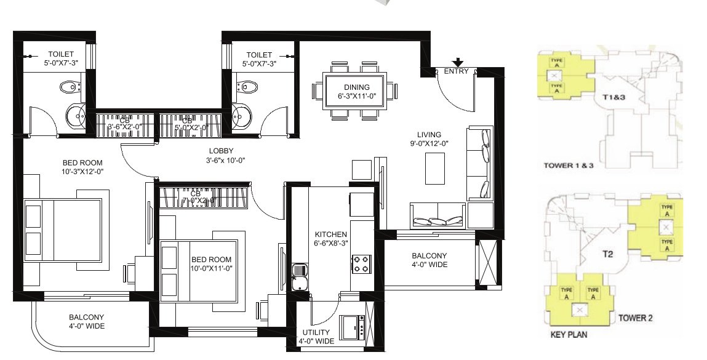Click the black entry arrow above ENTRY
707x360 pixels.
[457, 62]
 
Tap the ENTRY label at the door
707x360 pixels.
[457, 71]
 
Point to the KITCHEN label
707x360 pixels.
[331, 234]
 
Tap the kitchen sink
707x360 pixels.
[300, 276]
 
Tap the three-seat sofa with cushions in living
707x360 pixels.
[437, 218]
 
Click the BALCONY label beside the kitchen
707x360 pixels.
[429, 256]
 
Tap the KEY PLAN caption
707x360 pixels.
[568, 335]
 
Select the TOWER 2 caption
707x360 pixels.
[635, 318]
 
